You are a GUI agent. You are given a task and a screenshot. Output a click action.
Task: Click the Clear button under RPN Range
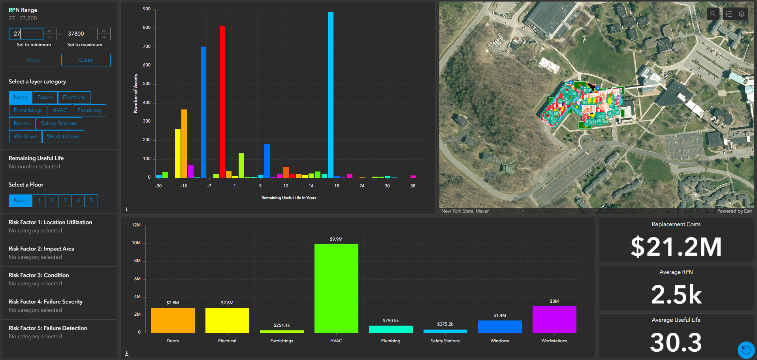click(x=86, y=60)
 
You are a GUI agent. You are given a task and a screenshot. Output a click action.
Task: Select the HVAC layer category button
click(x=60, y=111)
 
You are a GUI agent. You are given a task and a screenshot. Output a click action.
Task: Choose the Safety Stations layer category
click(x=59, y=124)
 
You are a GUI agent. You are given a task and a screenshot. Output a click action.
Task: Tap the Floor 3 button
click(x=65, y=201)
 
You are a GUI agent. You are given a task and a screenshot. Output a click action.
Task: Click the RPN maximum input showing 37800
click(x=80, y=34)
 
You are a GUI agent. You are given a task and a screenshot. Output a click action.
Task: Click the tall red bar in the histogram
click(x=222, y=103)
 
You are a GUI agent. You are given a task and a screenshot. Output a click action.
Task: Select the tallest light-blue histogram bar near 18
click(x=331, y=95)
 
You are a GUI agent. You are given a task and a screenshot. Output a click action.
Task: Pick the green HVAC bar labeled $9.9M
click(x=336, y=288)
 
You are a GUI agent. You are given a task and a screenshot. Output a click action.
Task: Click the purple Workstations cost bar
click(x=554, y=319)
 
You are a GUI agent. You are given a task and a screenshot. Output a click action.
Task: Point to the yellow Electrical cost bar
click(x=227, y=320)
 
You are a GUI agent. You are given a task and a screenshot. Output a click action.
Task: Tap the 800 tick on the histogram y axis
click(x=147, y=28)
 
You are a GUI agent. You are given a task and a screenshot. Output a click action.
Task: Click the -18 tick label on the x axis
click(x=184, y=186)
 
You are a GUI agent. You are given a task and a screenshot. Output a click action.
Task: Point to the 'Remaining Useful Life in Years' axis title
click(x=289, y=198)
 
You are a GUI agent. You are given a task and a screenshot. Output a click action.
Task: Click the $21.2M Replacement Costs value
click(x=676, y=247)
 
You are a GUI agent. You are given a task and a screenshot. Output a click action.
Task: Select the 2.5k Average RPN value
click(x=676, y=295)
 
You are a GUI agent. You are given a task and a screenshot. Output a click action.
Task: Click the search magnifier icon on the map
click(x=713, y=14)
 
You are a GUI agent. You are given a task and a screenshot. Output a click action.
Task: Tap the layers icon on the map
click(x=742, y=14)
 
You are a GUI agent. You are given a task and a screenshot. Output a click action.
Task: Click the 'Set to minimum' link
click(x=34, y=45)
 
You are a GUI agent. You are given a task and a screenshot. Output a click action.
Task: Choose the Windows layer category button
click(x=25, y=137)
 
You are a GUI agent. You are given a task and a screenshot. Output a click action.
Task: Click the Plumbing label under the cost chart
click(x=391, y=341)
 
